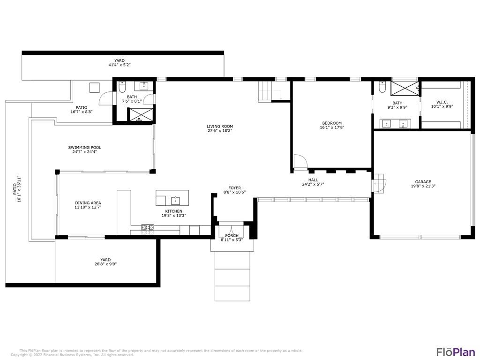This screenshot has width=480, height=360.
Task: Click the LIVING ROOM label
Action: click(x=219, y=126)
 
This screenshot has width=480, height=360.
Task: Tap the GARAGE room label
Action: click(x=423, y=181)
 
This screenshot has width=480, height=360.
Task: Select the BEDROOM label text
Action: click(x=332, y=123)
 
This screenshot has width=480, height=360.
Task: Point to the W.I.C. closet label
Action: click(x=442, y=102)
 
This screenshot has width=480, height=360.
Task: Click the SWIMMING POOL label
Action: click(x=84, y=147)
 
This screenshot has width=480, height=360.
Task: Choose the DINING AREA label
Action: click(x=88, y=202)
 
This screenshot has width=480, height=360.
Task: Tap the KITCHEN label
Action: click(x=173, y=211)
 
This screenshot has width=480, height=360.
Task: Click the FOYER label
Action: click(x=234, y=188)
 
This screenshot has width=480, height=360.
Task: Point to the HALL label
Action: click(x=313, y=180)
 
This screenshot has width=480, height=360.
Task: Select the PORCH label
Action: click(x=232, y=235)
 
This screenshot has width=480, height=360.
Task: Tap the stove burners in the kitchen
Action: click(x=148, y=227)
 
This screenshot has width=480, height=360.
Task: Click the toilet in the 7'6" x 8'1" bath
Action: click(x=122, y=87)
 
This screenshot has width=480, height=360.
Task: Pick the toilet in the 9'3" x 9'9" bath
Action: click(x=382, y=87)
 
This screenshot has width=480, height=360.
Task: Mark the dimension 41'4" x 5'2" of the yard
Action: click(x=120, y=65)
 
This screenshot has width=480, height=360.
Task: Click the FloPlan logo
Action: click(x=456, y=351)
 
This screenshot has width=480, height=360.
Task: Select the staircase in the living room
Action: click(x=265, y=91)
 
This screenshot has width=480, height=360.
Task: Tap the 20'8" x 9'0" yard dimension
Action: click(x=105, y=264)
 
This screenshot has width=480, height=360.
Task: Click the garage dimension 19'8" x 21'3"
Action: click(x=423, y=186)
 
